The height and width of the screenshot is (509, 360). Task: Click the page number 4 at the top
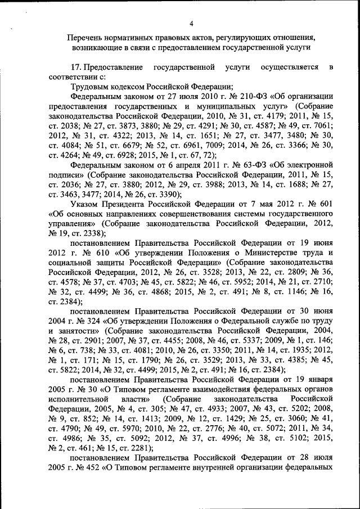click(191, 23)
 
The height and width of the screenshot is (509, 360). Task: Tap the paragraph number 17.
click(75, 67)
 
